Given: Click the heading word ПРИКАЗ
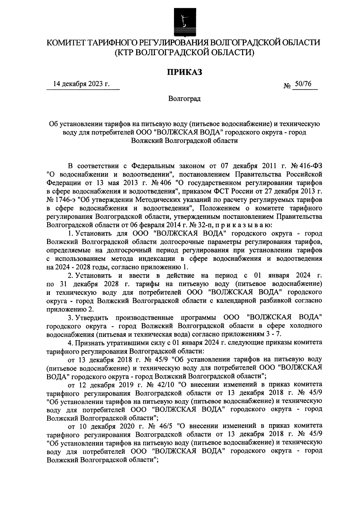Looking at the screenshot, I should (184, 72).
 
